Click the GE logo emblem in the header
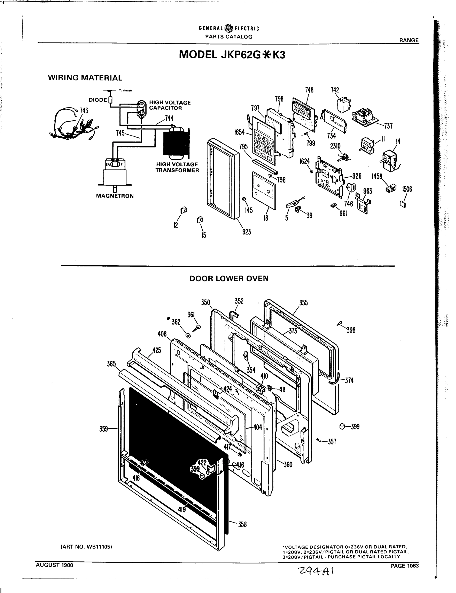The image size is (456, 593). tap(229, 28)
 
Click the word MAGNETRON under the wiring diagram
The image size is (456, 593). tap(115, 196)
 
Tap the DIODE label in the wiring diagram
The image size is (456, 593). tap(98, 100)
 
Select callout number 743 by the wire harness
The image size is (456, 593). tap(84, 110)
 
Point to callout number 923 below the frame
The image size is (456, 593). tap(247, 232)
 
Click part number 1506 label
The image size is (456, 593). tap(407, 189)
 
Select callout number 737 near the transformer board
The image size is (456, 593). tap(388, 126)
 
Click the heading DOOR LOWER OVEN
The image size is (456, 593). tap(229, 278)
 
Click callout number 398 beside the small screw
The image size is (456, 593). tap(351, 330)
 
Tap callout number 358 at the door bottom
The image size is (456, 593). tap(242, 525)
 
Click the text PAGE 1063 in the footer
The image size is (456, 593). tap(404, 566)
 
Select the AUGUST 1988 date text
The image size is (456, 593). tap(54, 565)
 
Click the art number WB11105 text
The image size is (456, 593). tap(86, 547)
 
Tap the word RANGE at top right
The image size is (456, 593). tap(409, 41)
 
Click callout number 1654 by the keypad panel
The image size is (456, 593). tap(239, 132)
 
